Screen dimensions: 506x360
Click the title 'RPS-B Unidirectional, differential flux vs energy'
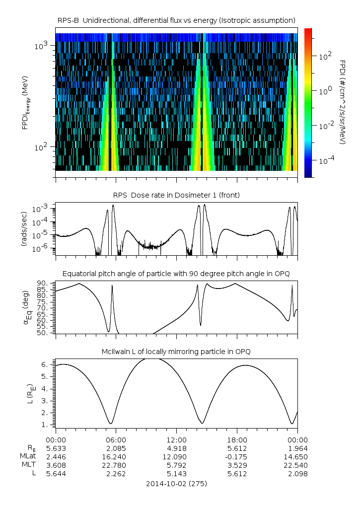[176, 20]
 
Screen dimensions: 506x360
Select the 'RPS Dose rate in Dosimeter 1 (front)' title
[176, 195]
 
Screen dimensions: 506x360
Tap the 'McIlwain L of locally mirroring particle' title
[176, 352]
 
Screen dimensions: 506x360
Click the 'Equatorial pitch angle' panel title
[176, 274]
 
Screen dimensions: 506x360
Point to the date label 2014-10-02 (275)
[176, 483]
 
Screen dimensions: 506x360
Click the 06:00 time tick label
[116, 440]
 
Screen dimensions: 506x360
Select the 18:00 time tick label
[237, 440]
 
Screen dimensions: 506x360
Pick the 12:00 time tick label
[177, 440]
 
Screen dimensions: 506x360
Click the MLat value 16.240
[116, 457]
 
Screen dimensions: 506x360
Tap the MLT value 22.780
[116, 465]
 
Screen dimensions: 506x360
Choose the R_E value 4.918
[177, 448]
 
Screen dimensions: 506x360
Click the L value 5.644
[56, 474]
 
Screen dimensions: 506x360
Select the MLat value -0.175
[237, 457]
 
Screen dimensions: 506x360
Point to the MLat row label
[28, 457]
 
